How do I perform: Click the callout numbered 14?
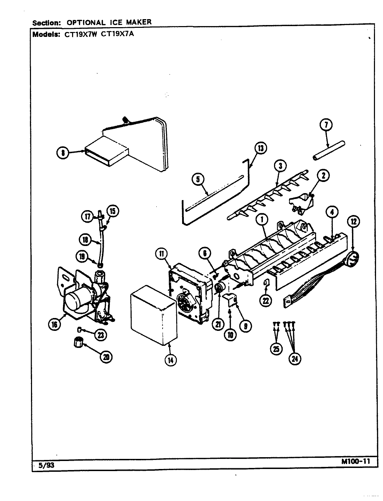click(x=170, y=360)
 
